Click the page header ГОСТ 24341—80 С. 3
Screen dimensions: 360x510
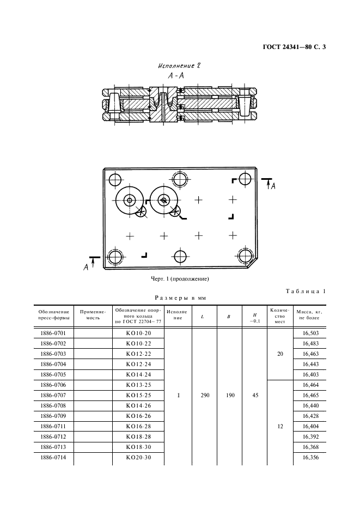[x=294, y=47]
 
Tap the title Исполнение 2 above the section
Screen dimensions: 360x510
[x=179, y=66]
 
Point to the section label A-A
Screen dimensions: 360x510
[x=176, y=76]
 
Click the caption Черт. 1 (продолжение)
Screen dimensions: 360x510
[x=180, y=279]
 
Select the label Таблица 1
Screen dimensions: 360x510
[x=306, y=291]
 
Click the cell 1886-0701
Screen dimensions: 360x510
[x=53, y=333]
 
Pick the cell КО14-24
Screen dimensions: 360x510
[x=138, y=374]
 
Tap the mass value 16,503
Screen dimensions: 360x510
[x=310, y=333]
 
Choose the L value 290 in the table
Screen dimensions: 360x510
[x=205, y=395]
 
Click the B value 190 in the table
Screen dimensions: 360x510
[x=230, y=395]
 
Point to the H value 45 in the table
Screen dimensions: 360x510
[x=255, y=395]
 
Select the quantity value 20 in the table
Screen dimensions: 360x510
[x=280, y=354]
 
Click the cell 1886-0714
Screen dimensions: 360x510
[x=53, y=457]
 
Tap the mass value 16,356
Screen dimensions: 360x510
[x=310, y=457]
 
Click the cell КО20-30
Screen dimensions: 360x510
[x=138, y=457]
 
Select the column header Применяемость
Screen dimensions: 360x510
[x=93, y=315]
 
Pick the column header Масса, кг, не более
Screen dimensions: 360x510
[x=309, y=315]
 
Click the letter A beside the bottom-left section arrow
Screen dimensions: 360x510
[x=86, y=268]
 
